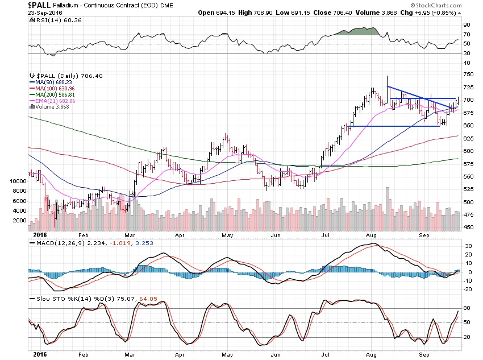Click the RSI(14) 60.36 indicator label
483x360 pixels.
coord(55,20)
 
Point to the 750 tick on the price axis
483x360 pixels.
coord(468,75)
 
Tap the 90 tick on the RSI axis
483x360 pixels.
coord(466,25)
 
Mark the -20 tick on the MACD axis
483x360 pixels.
coord(467,289)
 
